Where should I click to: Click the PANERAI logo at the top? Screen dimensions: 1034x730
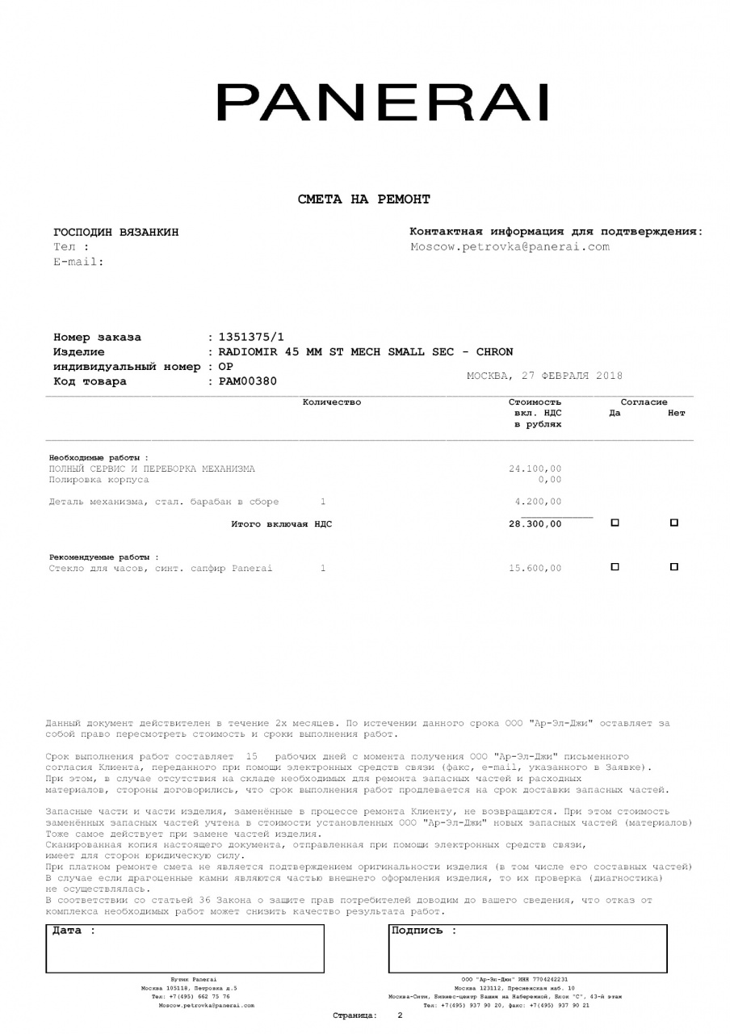point(382,103)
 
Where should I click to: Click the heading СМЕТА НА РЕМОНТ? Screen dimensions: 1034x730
point(364,199)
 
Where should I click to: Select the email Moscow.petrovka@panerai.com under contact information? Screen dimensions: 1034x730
point(510,246)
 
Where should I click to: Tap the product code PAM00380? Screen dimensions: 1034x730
point(248,381)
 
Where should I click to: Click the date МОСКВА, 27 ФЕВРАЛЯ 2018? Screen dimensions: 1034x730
point(545,376)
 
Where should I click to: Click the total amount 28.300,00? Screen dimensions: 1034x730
point(535,524)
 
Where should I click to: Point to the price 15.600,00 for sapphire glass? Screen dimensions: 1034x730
point(535,569)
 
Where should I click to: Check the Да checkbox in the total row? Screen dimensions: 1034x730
point(615,523)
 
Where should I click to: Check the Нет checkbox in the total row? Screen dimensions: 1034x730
point(674,523)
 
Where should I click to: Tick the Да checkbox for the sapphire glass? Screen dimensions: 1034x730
point(615,567)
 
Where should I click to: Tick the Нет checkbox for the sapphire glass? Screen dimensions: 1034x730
point(674,567)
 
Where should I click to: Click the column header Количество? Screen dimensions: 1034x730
point(331,401)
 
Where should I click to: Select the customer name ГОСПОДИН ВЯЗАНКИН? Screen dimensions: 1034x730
point(116,233)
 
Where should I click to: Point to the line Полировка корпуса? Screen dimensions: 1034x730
point(99,480)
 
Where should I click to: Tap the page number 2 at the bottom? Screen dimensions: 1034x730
point(400,1015)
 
